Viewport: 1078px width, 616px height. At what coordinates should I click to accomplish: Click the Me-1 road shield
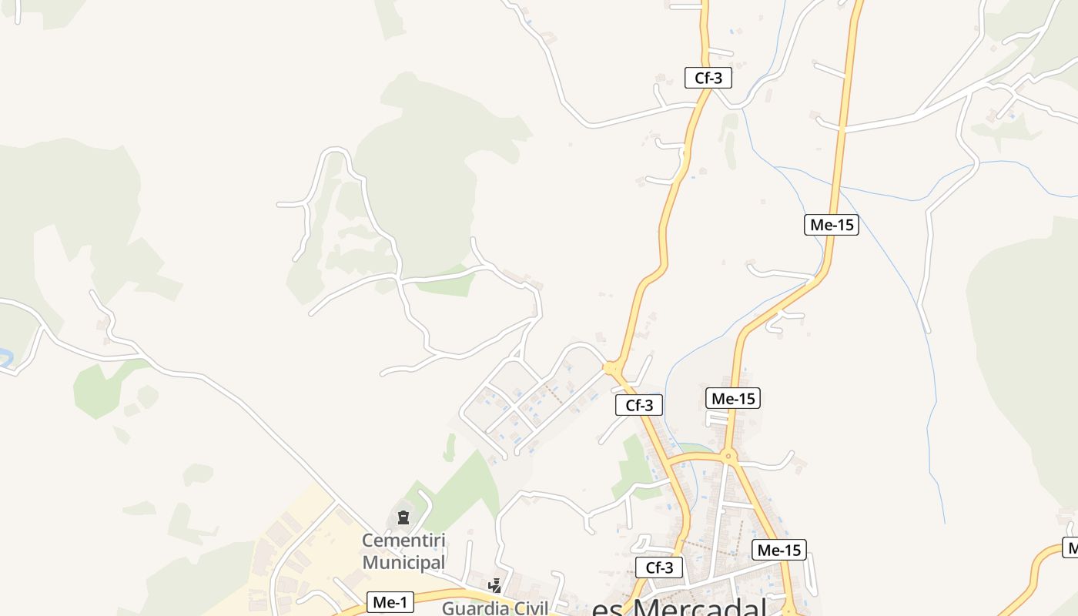(390, 602)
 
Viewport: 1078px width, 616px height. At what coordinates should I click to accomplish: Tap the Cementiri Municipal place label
(403, 551)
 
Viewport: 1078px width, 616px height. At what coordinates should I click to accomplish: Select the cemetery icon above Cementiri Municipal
(403, 517)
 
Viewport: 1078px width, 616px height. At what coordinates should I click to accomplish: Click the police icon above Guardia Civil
(494, 586)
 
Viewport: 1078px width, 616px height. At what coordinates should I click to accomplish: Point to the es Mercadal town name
(678, 608)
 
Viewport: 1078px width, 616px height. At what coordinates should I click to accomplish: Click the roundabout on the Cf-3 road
(612, 369)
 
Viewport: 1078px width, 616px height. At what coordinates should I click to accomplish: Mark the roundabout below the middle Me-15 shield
(728, 456)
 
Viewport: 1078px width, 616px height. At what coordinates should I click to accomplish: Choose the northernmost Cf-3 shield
(708, 78)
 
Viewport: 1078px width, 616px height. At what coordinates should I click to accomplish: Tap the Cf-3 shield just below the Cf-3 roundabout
(638, 405)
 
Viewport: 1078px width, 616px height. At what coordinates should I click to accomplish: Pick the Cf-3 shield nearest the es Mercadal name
(659, 568)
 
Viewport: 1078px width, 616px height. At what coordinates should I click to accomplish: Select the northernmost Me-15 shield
(832, 225)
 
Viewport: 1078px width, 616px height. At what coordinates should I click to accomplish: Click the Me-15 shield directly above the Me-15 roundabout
(733, 398)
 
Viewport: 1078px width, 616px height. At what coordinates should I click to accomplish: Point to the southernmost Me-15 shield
(779, 550)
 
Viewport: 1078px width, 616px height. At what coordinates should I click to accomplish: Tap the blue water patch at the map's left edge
(5, 357)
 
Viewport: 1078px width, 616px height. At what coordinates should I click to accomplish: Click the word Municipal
(403, 562)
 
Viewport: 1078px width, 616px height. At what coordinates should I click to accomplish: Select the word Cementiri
(403, 541)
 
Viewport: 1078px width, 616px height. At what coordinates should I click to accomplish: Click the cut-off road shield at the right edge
(1071, 547)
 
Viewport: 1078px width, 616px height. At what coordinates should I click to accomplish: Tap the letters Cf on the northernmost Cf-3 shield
(701, 78)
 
